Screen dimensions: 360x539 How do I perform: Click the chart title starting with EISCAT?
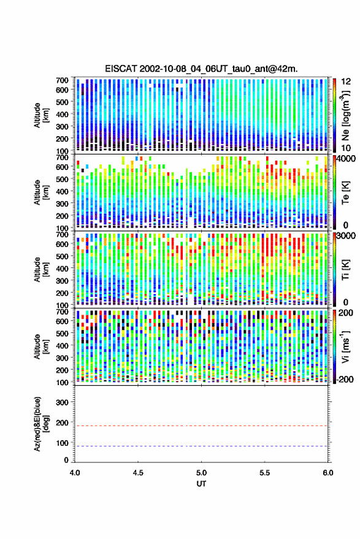point(201,69)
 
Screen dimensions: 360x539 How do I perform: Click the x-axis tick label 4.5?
point(138,473)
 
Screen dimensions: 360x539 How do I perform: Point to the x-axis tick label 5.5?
point(264,473)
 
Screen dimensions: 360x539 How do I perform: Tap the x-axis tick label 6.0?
point(327,473)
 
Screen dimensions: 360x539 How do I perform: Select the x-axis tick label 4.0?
point(75,473)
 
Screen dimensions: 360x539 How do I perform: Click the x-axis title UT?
point(201,484)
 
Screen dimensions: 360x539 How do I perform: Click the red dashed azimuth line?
point(201,426)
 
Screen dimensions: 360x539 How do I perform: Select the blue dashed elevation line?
point(201,446)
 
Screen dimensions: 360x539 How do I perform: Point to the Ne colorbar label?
point(345,115)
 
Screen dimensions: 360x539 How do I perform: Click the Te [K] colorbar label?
point(345,193)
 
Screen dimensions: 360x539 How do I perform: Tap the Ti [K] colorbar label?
point(345,270)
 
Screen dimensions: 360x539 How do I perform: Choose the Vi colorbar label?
point(345,346)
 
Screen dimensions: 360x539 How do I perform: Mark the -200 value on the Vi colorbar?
point(345,380)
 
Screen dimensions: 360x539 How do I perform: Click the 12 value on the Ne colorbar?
point(346,82)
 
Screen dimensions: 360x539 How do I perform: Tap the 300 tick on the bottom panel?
point(62,402)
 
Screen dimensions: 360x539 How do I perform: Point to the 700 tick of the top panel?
point(62,80)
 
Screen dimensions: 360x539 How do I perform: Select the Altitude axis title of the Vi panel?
point(41,346)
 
